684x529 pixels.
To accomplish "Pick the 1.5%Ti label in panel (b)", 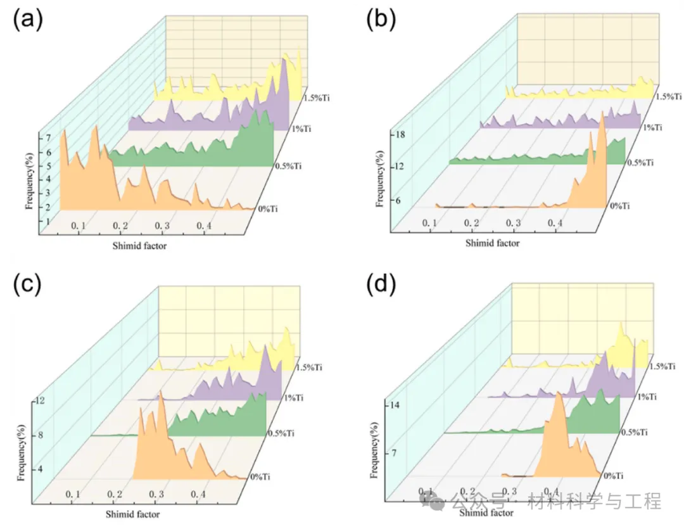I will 669,97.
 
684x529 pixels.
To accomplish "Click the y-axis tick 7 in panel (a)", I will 40,137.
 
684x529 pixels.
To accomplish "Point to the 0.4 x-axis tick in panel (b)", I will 555,223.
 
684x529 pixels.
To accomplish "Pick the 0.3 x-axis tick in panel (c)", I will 156,494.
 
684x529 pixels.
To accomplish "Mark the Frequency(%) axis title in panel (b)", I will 379,178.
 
